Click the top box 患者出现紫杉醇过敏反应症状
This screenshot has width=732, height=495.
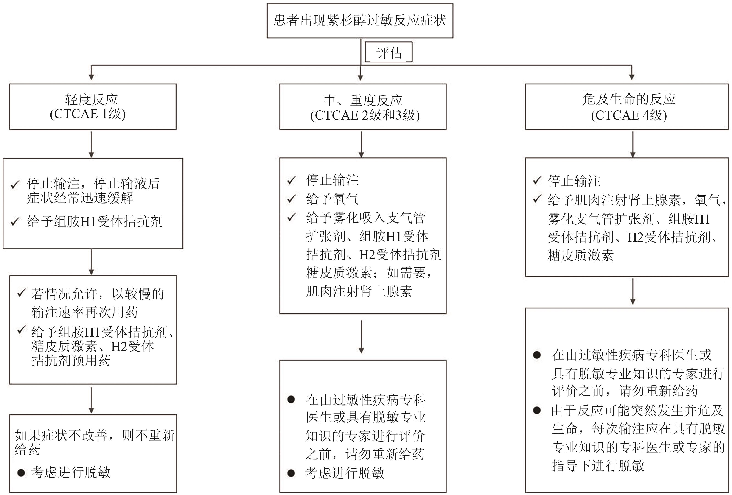[360, 21]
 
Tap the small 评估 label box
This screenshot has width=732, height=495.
[389, 52]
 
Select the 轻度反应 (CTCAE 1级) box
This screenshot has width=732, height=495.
[93, 107]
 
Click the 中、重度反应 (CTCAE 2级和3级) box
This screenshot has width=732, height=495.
[363, 107]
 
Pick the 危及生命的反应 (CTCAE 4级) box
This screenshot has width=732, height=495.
[627, 107]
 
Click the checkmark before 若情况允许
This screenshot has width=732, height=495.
[21, 293]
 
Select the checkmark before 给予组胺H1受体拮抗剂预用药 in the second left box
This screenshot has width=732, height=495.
[21, 330]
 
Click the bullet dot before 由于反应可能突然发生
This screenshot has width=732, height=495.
[537, 411]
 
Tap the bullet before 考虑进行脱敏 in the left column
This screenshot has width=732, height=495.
[21, 473]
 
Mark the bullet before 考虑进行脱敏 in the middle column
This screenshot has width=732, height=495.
[291, 473]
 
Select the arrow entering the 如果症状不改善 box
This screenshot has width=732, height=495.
[91, 400]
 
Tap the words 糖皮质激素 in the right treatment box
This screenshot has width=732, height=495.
[581, 255]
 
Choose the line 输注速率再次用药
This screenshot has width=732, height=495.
[84, 312]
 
